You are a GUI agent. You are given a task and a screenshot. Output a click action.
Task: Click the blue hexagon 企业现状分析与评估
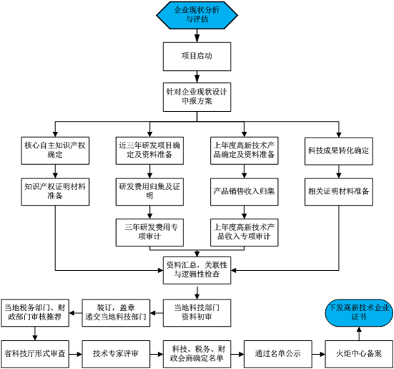[197, 15]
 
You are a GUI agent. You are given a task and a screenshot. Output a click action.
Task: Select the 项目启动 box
[197, 57]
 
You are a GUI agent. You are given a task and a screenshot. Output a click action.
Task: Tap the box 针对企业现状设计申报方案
[197, 97]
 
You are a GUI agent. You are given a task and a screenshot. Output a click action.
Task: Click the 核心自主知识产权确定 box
[55, 150]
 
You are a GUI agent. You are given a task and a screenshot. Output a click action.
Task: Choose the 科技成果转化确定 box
[339, 151]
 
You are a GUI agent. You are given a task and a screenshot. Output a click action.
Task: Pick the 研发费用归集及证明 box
[150, 192]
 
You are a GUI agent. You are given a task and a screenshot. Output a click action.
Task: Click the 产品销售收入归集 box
[244, 192]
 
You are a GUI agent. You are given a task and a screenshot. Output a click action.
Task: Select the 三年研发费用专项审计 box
[150, 233]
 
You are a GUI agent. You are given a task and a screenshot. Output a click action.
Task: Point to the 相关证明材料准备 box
[339, 192]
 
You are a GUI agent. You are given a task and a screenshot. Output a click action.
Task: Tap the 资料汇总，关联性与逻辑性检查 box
[197, 270]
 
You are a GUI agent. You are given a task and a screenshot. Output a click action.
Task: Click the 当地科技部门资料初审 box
[197, 313]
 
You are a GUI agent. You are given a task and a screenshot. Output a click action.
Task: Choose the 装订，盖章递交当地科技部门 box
[116, 313]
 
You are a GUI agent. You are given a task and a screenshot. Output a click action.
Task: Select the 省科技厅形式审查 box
[35, 354]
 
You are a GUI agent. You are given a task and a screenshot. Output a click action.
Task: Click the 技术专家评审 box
[116, 354]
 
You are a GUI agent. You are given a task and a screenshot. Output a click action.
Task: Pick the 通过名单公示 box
[278, 354]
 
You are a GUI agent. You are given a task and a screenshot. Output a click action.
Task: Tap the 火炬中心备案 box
[360, 354]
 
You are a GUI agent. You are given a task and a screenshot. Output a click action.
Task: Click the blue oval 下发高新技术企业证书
[360, 313]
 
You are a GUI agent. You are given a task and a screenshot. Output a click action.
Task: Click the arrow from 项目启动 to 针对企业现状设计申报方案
[197, 77]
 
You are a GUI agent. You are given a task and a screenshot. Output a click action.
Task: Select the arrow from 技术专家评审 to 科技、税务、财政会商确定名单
[157, 354]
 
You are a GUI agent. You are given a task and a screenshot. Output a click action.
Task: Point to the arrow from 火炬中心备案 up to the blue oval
[360, 334]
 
